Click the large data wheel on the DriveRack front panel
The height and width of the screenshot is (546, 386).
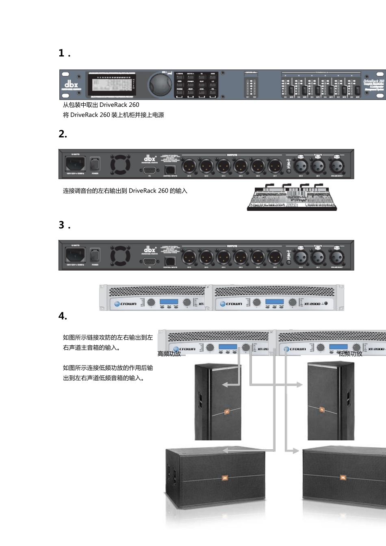click(x=160, y=84)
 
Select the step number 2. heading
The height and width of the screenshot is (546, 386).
click(x=63, y=134)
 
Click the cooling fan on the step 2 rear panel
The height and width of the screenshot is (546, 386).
click(x=121, y=165)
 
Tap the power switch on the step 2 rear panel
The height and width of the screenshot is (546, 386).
click(x=95, y=164)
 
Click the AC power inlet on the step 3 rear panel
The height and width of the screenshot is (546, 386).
click(x=76, y=255)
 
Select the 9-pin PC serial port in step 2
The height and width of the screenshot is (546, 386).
click(x=150, y=170)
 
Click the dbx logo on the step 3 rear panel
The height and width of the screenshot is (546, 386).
click(x=150, y=249)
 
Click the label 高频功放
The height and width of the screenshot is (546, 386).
click(x=169, y=354)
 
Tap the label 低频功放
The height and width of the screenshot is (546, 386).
click(x=350, y=354)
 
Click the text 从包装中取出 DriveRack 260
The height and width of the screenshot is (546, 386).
click(x=101, y=105)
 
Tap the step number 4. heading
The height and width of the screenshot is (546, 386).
click(x=63, y=316)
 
